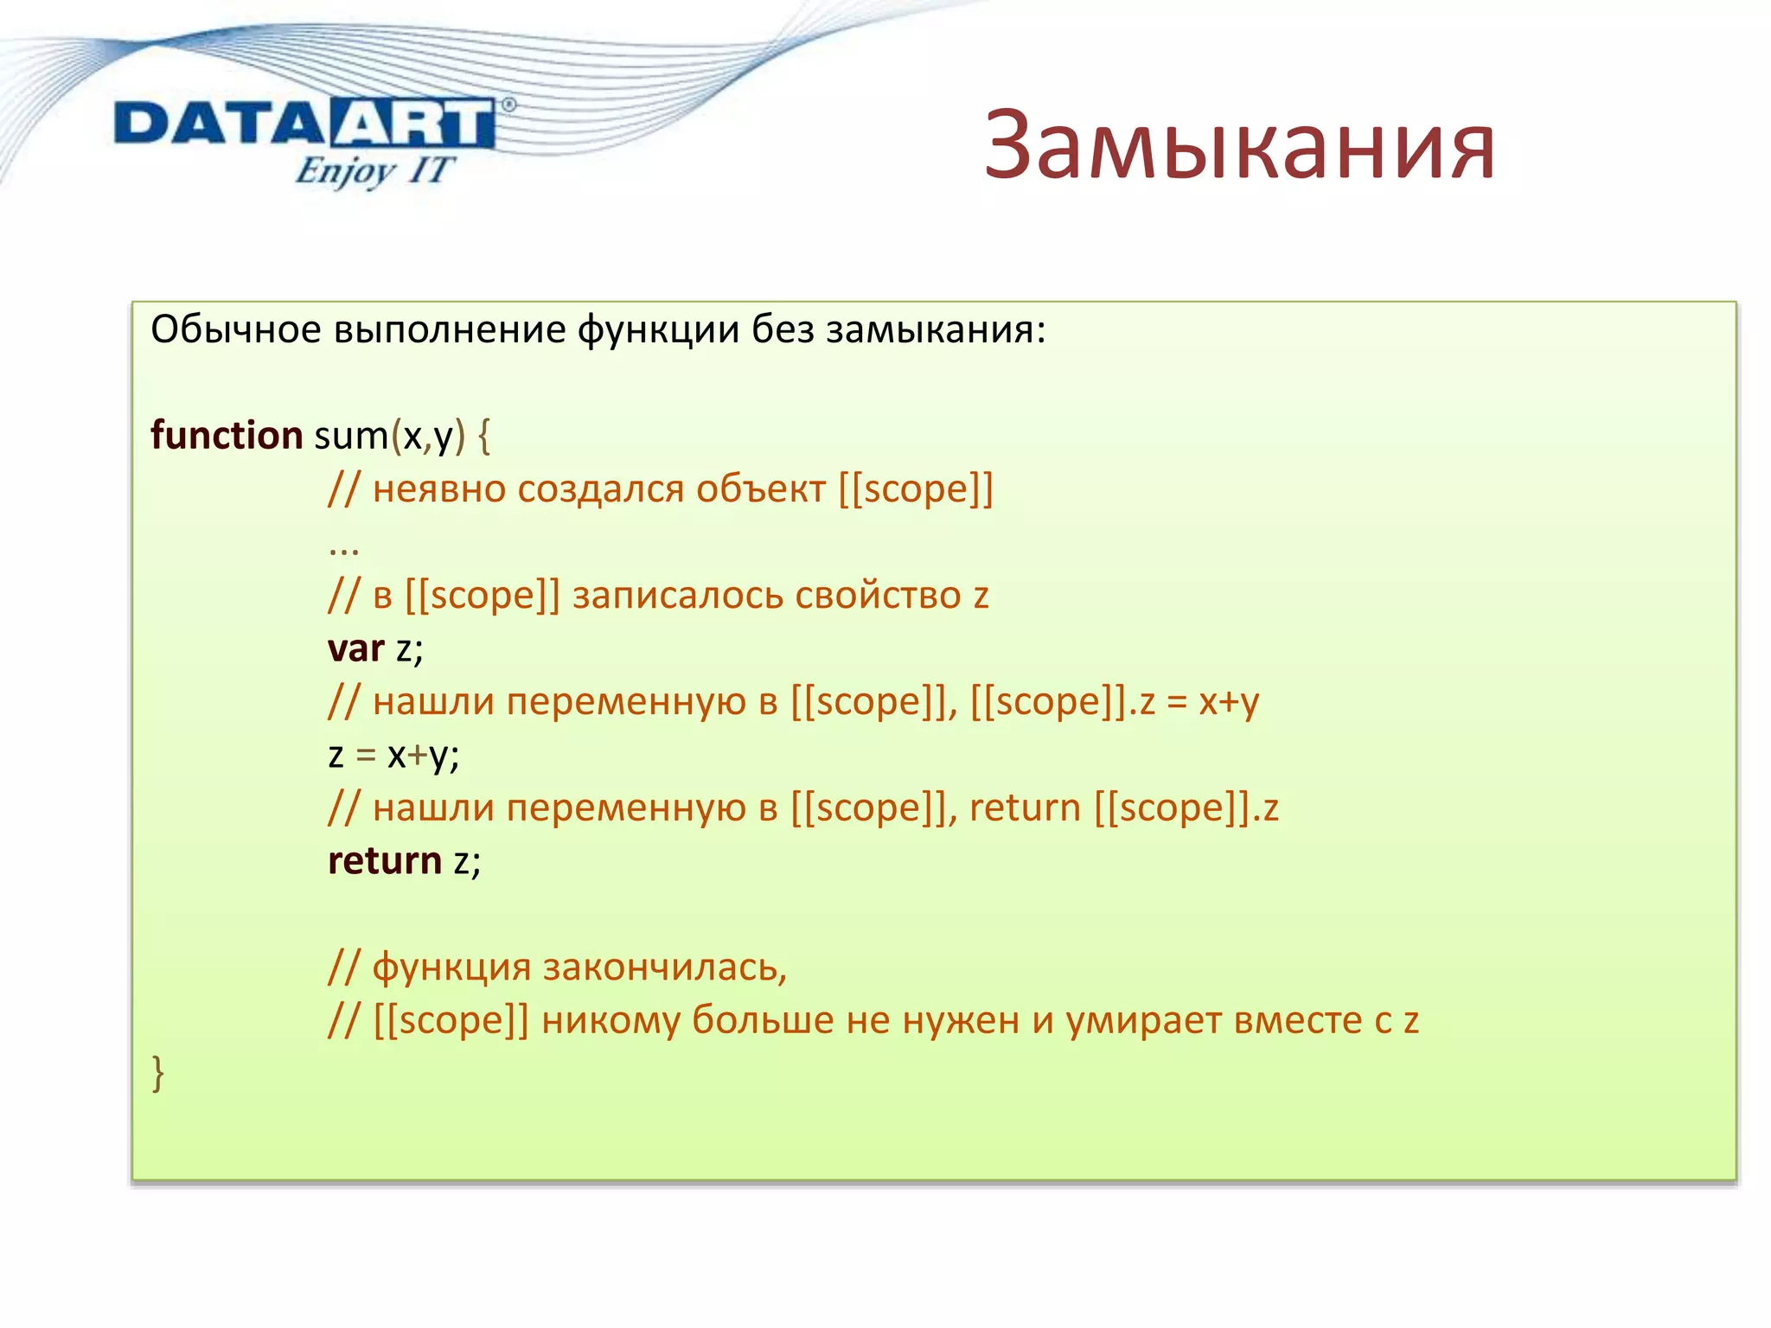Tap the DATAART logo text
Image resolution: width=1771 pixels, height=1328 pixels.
pyautogui.click(x=304, y=124)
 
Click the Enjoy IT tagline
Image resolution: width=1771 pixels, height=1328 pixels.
pyautogui.click(x=374, y=170)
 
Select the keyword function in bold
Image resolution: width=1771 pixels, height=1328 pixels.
pyautogui.click(x=227, y=435)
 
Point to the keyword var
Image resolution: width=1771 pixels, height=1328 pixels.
pyautogui.click(x=355, y=648)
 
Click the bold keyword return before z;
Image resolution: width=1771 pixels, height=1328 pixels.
pyautogui.click(x=385, y=861)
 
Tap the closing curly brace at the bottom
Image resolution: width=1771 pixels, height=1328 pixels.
pyautogui.click(x=157, y=1074)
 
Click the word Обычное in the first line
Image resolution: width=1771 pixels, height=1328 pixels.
pyautogui.click(x=235, y=330)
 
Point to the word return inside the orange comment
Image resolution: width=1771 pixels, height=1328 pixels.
pyautogui.click(x=1025, y=808)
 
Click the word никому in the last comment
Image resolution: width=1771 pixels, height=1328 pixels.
pyautogui.click(x=611, y=1021)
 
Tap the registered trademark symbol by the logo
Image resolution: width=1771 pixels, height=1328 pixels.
pyautogui.click(x=508, y=105)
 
